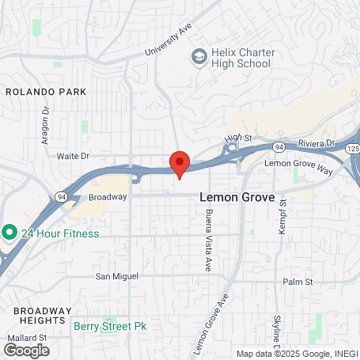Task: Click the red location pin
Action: (x=180, y=163)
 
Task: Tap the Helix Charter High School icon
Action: (x=199, y=57)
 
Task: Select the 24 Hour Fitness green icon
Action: (x=9, y=233)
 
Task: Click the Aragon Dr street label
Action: (x=44, y=119)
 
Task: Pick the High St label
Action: (x=232, y=138)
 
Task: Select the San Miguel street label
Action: (x=117, y=276)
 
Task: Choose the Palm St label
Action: (x=298, y=282)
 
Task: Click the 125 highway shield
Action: (x=352, y=150)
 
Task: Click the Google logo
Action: (x=25, y=349)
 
